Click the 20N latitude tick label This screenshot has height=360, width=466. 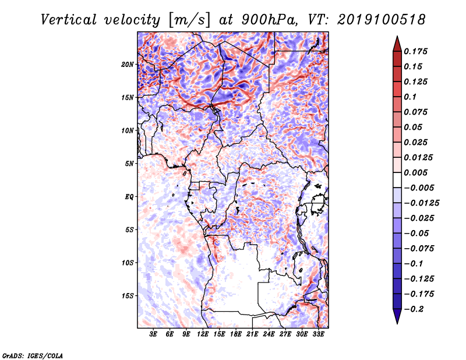pos(128,65)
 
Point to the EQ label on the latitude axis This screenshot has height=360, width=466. pos(129,197)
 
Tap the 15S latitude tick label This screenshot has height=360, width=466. pos(128,296)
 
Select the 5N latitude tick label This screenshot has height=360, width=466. pos(129,164)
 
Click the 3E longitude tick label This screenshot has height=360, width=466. pos(153,334)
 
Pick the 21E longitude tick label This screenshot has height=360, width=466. pos(252,334)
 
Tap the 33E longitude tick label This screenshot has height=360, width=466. pos(318,334)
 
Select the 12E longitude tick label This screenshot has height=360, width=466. pos(203,334)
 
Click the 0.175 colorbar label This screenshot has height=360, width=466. pos(415,51)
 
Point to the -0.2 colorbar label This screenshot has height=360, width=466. pos(414,309)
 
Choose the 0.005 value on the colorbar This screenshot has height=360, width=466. pos(415,172)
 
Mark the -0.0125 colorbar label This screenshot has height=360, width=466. pos(421,203)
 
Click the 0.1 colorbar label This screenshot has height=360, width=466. pos(410,97)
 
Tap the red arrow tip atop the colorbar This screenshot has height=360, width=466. pos(397,36)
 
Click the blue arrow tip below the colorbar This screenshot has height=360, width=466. pos(397,323)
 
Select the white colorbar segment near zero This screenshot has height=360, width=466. pos(397,180)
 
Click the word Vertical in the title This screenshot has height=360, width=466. pos(69,20)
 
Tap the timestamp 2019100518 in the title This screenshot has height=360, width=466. pos(382,20)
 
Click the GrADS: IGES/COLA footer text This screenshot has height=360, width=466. pos(33,356)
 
